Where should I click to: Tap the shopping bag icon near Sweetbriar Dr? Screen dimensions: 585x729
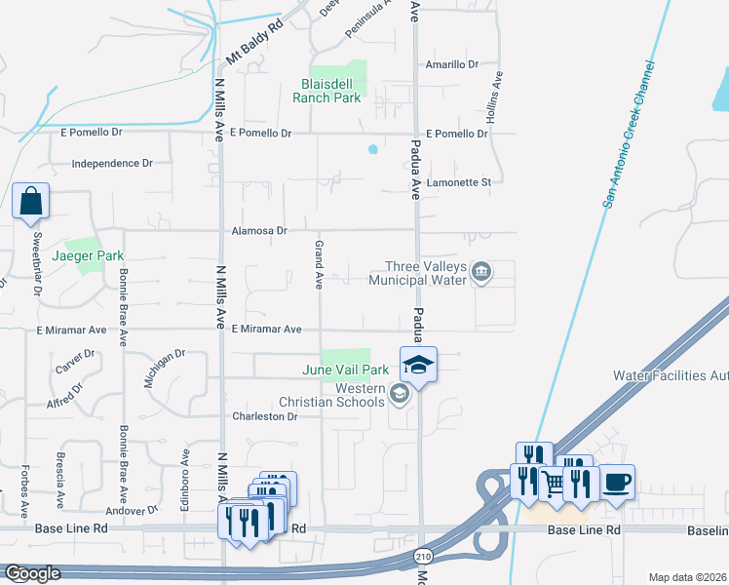click(31, 202)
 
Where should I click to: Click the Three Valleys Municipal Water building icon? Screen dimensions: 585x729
click(480, 272)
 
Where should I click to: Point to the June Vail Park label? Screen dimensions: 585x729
click(346, 370)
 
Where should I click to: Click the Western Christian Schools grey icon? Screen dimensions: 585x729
click(398, 394)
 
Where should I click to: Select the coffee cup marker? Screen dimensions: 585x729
click(616, 482)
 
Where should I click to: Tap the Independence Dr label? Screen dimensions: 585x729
click(113, 164)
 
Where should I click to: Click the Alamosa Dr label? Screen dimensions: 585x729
click(259, 231)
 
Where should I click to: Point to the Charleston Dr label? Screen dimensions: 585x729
click(264, 416)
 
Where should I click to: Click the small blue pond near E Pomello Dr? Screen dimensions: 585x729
click(371, 149)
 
